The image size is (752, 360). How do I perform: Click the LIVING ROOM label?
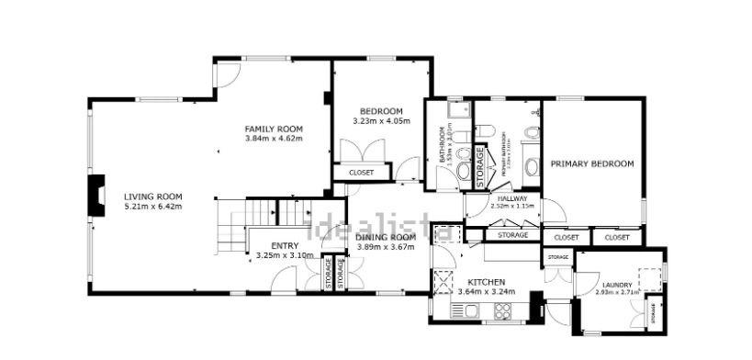coord(153,196)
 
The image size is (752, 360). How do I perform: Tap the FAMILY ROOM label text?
coord(274,129)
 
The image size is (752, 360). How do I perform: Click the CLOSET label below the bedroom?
coord(361,172)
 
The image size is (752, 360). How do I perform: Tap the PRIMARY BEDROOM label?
coord(592,163)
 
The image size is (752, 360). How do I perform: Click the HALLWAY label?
coord(511,197)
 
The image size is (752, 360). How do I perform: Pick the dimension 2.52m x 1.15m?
coord(511,206)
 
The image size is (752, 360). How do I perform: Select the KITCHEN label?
coord(486,282)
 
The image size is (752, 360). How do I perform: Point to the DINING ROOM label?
coord(386,237)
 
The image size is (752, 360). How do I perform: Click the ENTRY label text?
coord(285,245)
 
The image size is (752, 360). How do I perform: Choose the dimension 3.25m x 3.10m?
coord(285,254)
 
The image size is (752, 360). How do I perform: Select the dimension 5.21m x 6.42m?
coord(153,206)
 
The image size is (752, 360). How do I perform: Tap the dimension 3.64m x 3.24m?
coord(486,292)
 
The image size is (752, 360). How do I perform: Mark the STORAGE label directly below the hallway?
coord(512,235)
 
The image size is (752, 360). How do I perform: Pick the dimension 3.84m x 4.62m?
coord(274,139)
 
